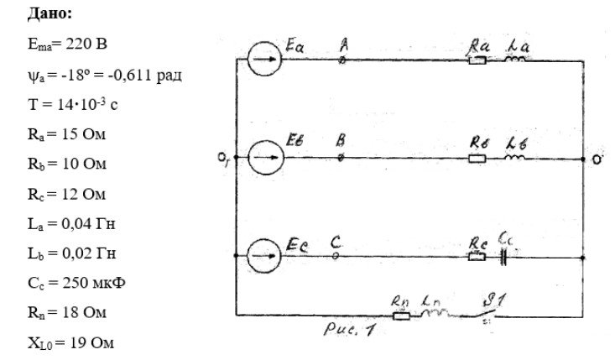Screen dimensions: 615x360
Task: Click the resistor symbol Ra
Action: (x=477, y=60)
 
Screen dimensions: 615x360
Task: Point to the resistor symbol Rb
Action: (x=477, y=159)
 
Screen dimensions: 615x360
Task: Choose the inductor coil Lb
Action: (x=514, y=157)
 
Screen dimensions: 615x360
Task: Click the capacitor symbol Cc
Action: (x=503, y=258)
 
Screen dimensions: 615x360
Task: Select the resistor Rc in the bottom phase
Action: (x=477, y=257)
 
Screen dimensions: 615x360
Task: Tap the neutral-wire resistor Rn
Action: (x=402, y=316)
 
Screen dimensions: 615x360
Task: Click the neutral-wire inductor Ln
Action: (x=435, y=313)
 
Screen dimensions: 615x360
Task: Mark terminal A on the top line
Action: (x=342, y=60)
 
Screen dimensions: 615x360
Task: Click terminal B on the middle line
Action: (x=341, y=158)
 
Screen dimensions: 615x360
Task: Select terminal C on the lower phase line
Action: (x=336, y=256)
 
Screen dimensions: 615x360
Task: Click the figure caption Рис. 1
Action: (x=349, y=329)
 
